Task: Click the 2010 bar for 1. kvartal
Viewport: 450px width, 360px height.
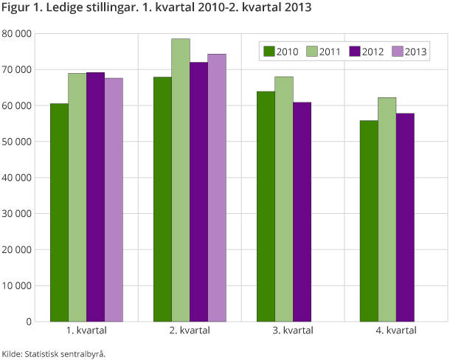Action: pyautogui.click(x=60, y=212)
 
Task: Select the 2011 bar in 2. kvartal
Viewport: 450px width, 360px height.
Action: pyautogui.click(x=181, y=180)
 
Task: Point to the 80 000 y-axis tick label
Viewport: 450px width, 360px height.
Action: pyautogui.click(x=17, y=34)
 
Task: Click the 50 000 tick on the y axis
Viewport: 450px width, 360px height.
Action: pyautogui.click(x=17, y=142)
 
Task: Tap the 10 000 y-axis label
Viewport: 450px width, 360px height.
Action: pyautogui.click(x=17, y=285)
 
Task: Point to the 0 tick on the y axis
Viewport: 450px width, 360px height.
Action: pyautogui.click(x=29, y=322)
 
